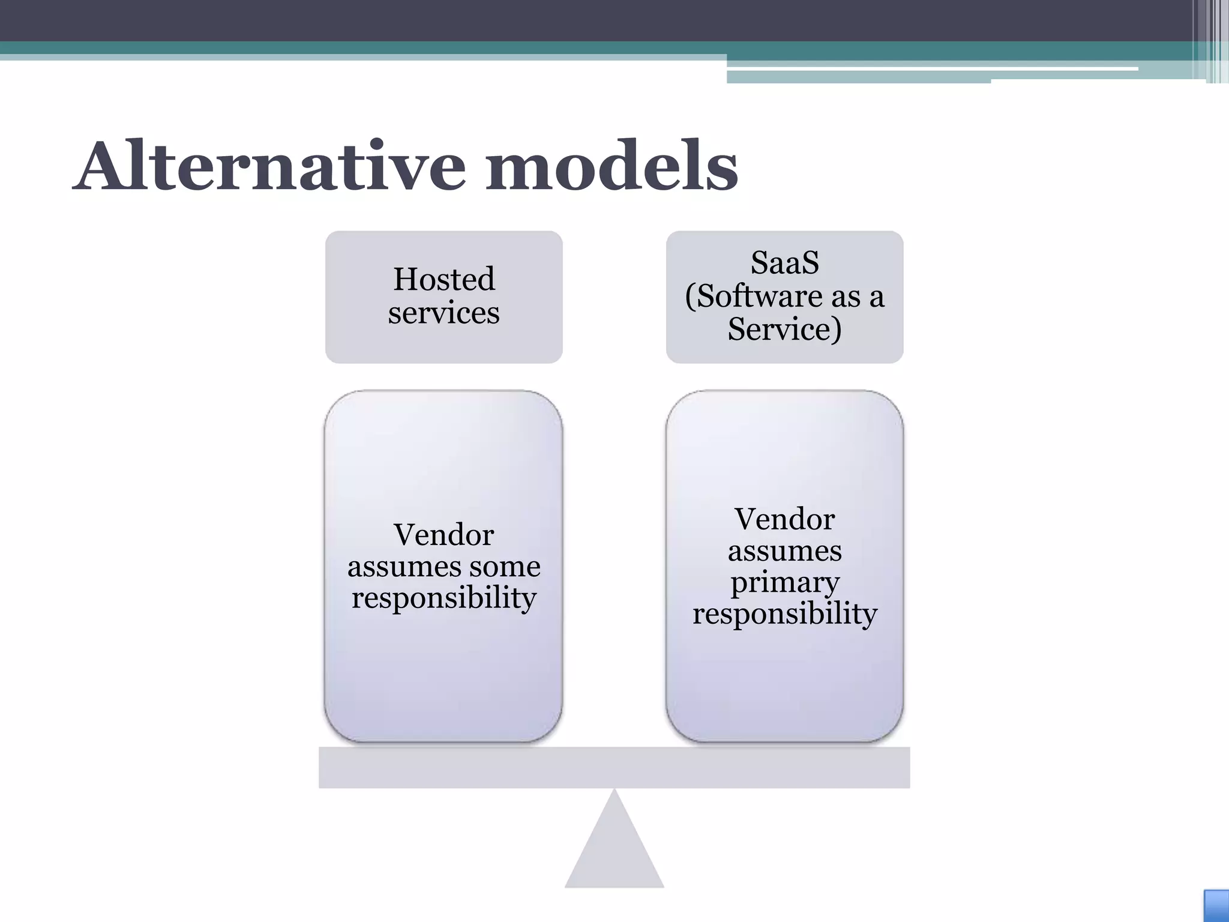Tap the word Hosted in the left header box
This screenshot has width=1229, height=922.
444,279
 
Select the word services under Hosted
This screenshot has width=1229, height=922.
443,313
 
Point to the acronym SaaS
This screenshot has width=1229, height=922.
784,263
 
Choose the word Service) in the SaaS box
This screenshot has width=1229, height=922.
784,329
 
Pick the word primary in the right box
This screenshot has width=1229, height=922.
784,582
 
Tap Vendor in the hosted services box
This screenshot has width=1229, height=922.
444,535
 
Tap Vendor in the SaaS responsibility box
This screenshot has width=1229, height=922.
784,519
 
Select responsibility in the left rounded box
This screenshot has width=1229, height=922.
444,598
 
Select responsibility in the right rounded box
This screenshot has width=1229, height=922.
784,614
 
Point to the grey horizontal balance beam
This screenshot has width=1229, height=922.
614,767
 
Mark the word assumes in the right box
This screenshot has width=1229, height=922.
784,551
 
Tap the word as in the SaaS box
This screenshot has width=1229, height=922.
847,296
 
